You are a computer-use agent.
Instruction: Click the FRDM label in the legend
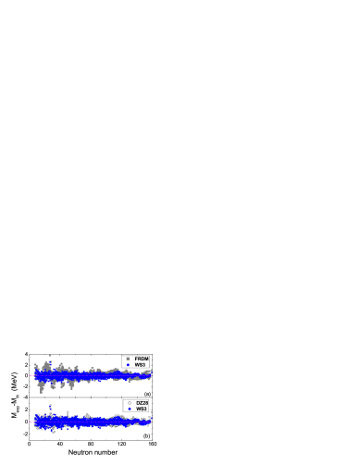point(142,359)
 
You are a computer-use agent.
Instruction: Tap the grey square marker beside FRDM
point(128,359)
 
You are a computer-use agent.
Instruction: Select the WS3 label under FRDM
point(140,365)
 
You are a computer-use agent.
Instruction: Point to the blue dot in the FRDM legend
point(128,365)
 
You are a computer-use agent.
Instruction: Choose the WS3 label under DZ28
point(142,409)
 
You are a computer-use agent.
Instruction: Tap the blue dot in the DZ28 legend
point(130,409)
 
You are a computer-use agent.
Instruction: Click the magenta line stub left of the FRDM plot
point(31,376)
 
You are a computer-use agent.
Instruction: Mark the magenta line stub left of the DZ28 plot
point(31,421)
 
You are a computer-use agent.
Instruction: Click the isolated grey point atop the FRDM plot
point(49,355)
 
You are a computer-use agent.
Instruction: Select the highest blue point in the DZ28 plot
point(50,406)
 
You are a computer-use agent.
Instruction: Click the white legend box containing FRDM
point(135,361)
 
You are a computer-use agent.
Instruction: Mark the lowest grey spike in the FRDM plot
point(42,392)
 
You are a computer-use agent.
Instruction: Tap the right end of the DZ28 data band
point(150,422)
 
